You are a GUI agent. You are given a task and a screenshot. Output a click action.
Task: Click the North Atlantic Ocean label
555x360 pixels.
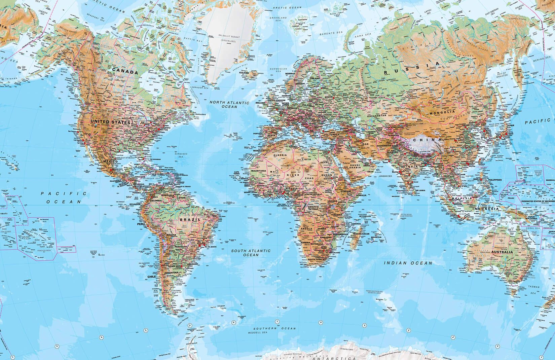(229, 104)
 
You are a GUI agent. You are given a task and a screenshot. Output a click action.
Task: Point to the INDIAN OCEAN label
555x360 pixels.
(408, 263)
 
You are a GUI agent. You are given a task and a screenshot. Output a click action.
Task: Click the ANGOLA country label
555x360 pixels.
(306, 228)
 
